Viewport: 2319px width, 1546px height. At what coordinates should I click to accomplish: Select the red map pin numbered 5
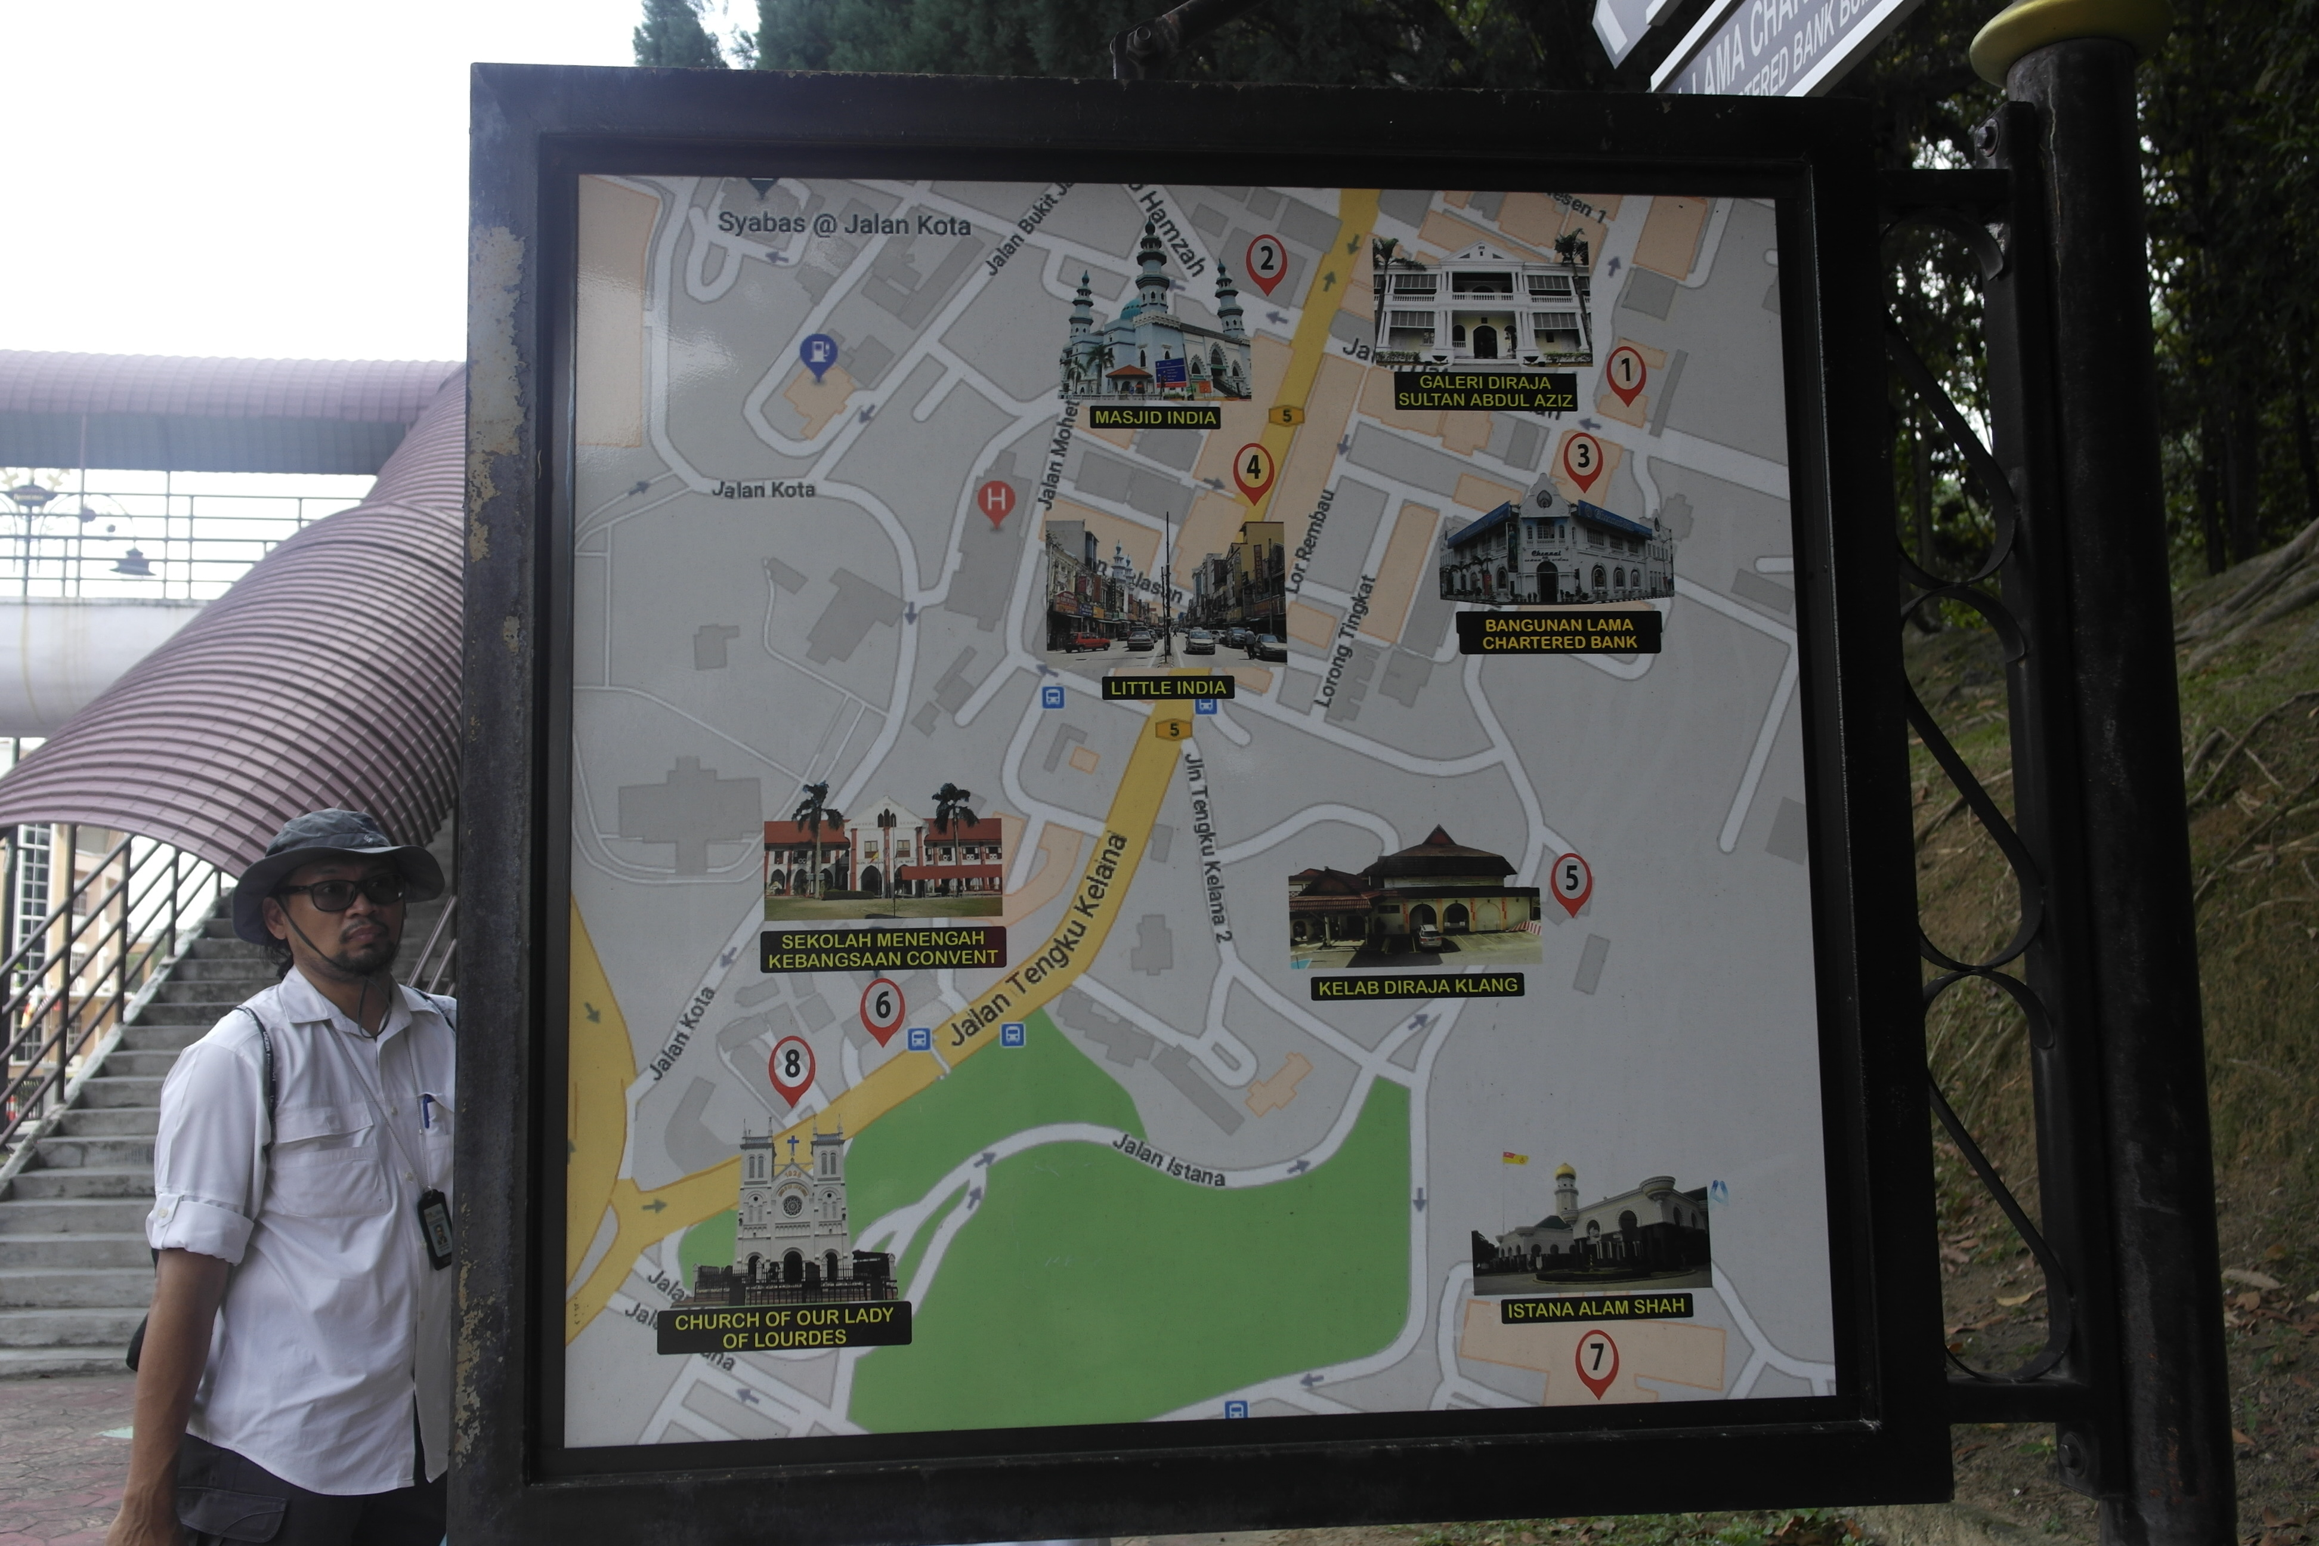(x=1570, y=880)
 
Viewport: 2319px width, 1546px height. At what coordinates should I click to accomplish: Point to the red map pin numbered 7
(x=1596, y=1361)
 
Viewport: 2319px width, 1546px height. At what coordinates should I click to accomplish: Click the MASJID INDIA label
(x=1155, y=417)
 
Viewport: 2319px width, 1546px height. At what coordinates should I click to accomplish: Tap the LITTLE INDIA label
(x=1167, y=687)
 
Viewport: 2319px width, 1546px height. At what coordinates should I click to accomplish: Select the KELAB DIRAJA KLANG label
(x=1417, y=986)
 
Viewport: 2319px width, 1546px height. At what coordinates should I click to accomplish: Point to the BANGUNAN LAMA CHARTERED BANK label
(x=1559, y=633)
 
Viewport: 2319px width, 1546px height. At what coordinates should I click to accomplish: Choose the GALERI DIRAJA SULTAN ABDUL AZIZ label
(x=1485, y=391)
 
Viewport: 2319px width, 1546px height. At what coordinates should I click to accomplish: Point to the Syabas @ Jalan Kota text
(x=843, y=224)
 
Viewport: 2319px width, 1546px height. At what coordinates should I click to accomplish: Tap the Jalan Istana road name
(x=1168, y=1159)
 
